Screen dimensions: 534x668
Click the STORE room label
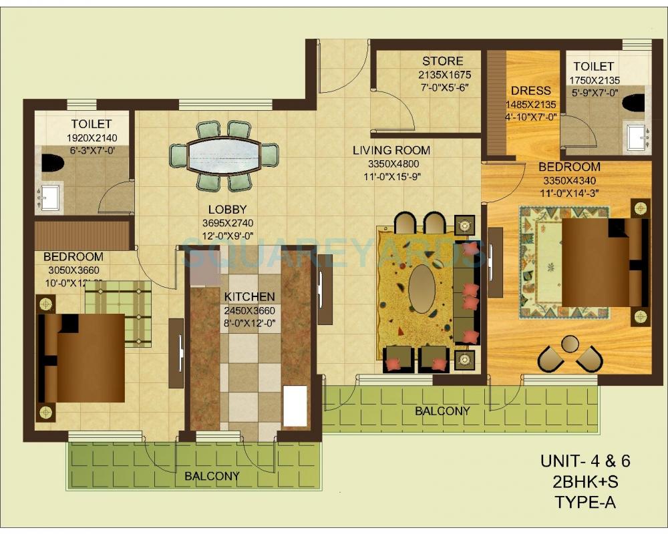[442, 62]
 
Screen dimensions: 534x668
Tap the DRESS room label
[531, 91]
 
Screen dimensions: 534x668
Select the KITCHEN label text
[249, 296]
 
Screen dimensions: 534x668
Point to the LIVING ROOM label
[391, 150]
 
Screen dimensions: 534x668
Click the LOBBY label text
[227, 209]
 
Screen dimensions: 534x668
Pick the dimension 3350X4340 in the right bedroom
[569, 180]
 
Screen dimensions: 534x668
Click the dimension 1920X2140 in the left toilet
[91, 138]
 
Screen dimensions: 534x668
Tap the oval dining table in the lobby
[223, 156]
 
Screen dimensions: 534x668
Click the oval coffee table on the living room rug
[422, 288]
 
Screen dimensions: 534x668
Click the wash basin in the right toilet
[639, 137]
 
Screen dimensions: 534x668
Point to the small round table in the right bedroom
[570, 344]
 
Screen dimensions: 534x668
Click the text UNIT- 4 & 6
[585, 461]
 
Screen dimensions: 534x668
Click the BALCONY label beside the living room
[442, 411]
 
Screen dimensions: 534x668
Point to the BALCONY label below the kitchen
[212, 476]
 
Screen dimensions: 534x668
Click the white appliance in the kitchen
[295, 405]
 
